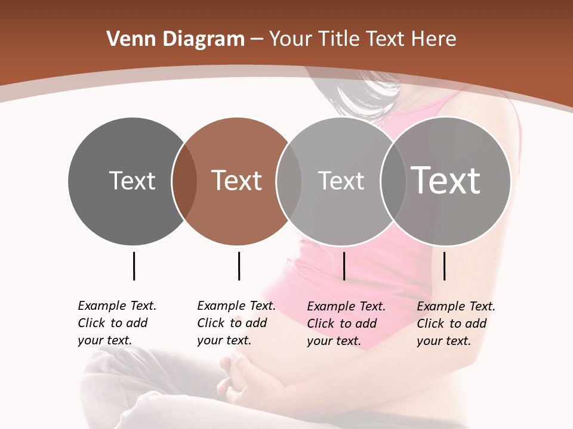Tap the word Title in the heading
click(x=338, y=39)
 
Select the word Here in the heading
click(x=434, y=39)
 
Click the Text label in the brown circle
click(x=237, y=181)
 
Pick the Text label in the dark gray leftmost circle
click(x=132, y=181)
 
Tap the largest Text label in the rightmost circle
click(x=446, y=180)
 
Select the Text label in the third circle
click(x=341, y=181)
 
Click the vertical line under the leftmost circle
click(x=134, y=266)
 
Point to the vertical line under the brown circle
click(x=239, y=266)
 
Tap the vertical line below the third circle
click(x=344, y=266)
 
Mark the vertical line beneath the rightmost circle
click(x=444, y=266)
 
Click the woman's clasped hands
click(x=239, y=375)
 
